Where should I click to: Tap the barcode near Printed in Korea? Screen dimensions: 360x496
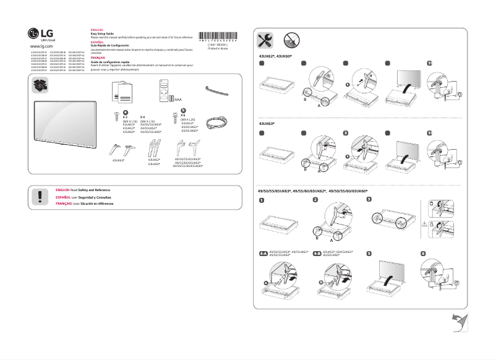(x=218, y=36)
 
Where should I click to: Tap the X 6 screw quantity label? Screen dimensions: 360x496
(x=183, y=115)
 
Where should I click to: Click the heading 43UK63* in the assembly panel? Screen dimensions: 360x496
(x=267, y=124)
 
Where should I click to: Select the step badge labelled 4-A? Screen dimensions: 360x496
(x=263, y=254)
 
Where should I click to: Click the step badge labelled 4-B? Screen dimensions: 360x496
(x=317, y=254)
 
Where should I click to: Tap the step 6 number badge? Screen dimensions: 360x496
(x=423, y=254)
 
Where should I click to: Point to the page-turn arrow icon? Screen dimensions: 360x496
(x=460, y=322)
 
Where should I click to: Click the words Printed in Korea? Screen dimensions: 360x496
(x=217, y=49)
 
